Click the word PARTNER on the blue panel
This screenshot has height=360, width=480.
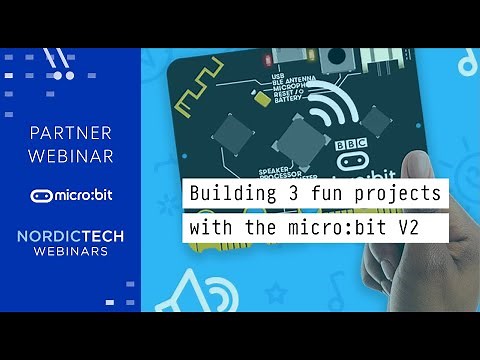pos(70,132)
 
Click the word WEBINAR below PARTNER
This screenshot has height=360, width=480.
pos(70,156)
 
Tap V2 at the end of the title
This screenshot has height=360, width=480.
pos(432,227)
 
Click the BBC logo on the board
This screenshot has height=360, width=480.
pos(351,144)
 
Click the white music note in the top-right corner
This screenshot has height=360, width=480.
pos(466,65)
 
